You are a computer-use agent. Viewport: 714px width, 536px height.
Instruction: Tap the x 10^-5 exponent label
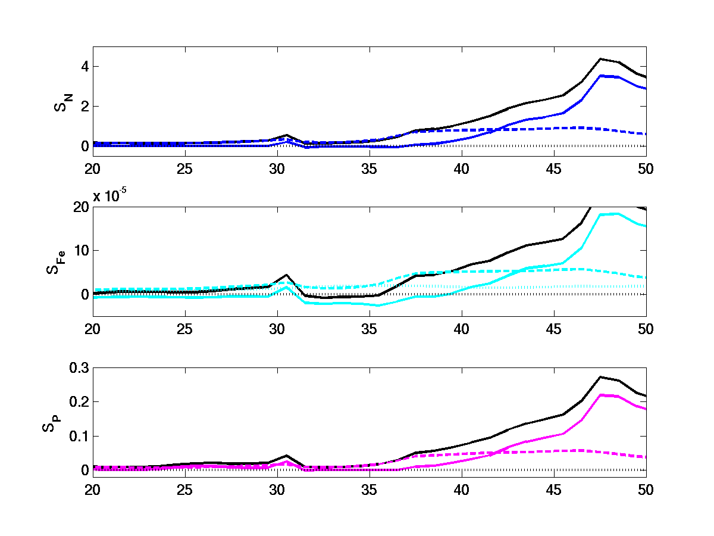[x=113, y=197]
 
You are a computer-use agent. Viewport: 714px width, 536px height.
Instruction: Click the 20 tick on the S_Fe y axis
[x=81, y=207]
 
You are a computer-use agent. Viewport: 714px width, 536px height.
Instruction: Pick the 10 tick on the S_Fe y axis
[x=81, y=251]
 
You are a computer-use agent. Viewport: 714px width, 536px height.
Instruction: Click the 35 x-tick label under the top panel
[x=369, y=169]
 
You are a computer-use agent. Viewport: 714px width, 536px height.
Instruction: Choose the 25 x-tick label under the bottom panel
[x=185, y=490]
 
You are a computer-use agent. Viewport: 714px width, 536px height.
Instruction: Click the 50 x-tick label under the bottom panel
[x=646, y=490]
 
